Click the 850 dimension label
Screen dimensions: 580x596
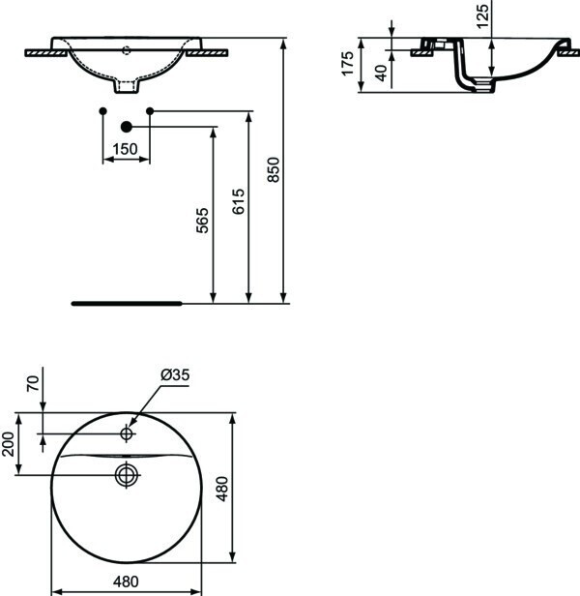pos(274,170)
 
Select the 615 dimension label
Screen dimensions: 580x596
pos(239,201)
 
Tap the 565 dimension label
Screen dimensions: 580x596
pos(202,220)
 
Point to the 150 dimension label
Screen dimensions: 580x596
pos(126,149)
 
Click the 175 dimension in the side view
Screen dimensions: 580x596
pos(348,64)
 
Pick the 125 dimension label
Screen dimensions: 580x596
pos(482,15)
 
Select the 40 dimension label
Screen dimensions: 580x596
pos(381,73)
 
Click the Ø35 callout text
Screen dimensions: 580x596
pos(175,374)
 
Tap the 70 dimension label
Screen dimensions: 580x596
pos(33,383)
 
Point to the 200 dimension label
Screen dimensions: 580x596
pos(8,444)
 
